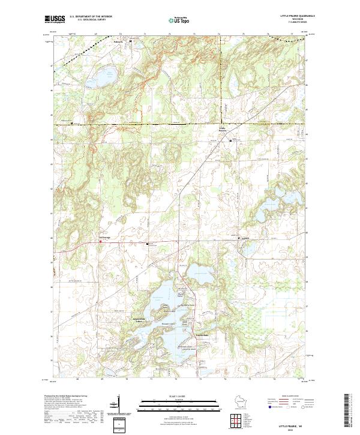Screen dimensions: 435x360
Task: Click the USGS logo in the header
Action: click(x=54, y=20)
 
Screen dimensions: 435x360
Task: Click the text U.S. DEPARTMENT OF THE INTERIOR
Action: click(x=91, y=17)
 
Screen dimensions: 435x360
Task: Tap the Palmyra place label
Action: click(x=121, y=42)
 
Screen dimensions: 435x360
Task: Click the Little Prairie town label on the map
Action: click(x=222, y=129)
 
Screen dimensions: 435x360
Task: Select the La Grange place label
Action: click(x=105, y=238)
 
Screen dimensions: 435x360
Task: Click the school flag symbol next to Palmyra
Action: click(x=130, y=41)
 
